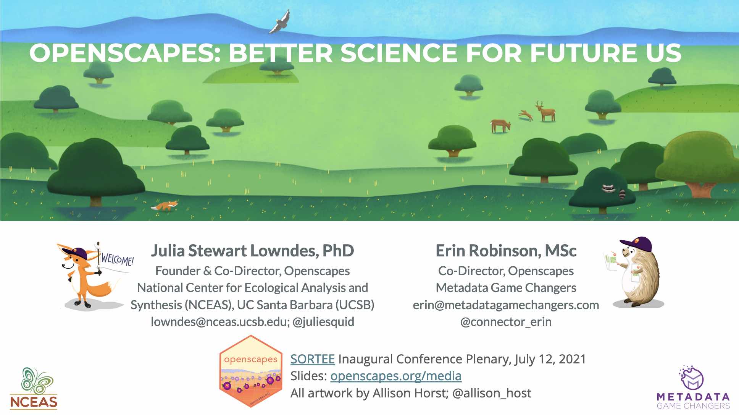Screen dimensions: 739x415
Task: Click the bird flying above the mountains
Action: pos(280,22)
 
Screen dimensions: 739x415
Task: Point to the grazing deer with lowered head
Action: pos(500,125)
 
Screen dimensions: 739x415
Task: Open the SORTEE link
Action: pos(313,359)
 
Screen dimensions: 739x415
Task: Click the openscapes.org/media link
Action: pos(396,376)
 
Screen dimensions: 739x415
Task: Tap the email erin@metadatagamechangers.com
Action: pos(506,305)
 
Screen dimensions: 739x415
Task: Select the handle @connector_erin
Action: pos(506,322)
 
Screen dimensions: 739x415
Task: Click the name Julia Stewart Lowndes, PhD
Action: pos(252,251)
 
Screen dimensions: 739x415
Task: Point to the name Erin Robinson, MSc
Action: pos(506,251)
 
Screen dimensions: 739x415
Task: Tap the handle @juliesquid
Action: pos(323,322)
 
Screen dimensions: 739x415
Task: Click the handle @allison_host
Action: pos(492,393)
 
